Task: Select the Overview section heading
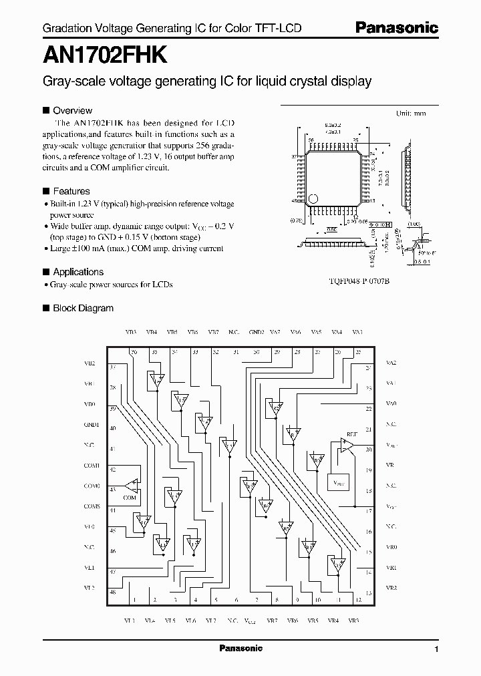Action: [72, 110]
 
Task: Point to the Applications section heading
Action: [78, 272]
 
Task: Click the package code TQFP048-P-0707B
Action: [354, 282]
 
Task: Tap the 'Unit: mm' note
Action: [411, 114]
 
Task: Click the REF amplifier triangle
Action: [347, 444]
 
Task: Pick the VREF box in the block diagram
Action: [338, 482]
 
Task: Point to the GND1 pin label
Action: [92, 424]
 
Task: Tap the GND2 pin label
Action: [257, 332]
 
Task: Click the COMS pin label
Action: [92, 506]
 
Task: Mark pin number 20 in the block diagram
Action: [368, 450]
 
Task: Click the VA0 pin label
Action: [391, 404]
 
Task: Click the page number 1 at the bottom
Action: [436, 649]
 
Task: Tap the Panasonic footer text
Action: [241, 648]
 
